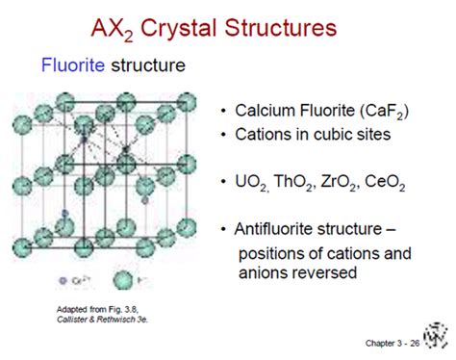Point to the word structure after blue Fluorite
(146, 66)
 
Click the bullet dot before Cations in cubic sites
(225, 134)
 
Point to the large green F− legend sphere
(122, 280)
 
